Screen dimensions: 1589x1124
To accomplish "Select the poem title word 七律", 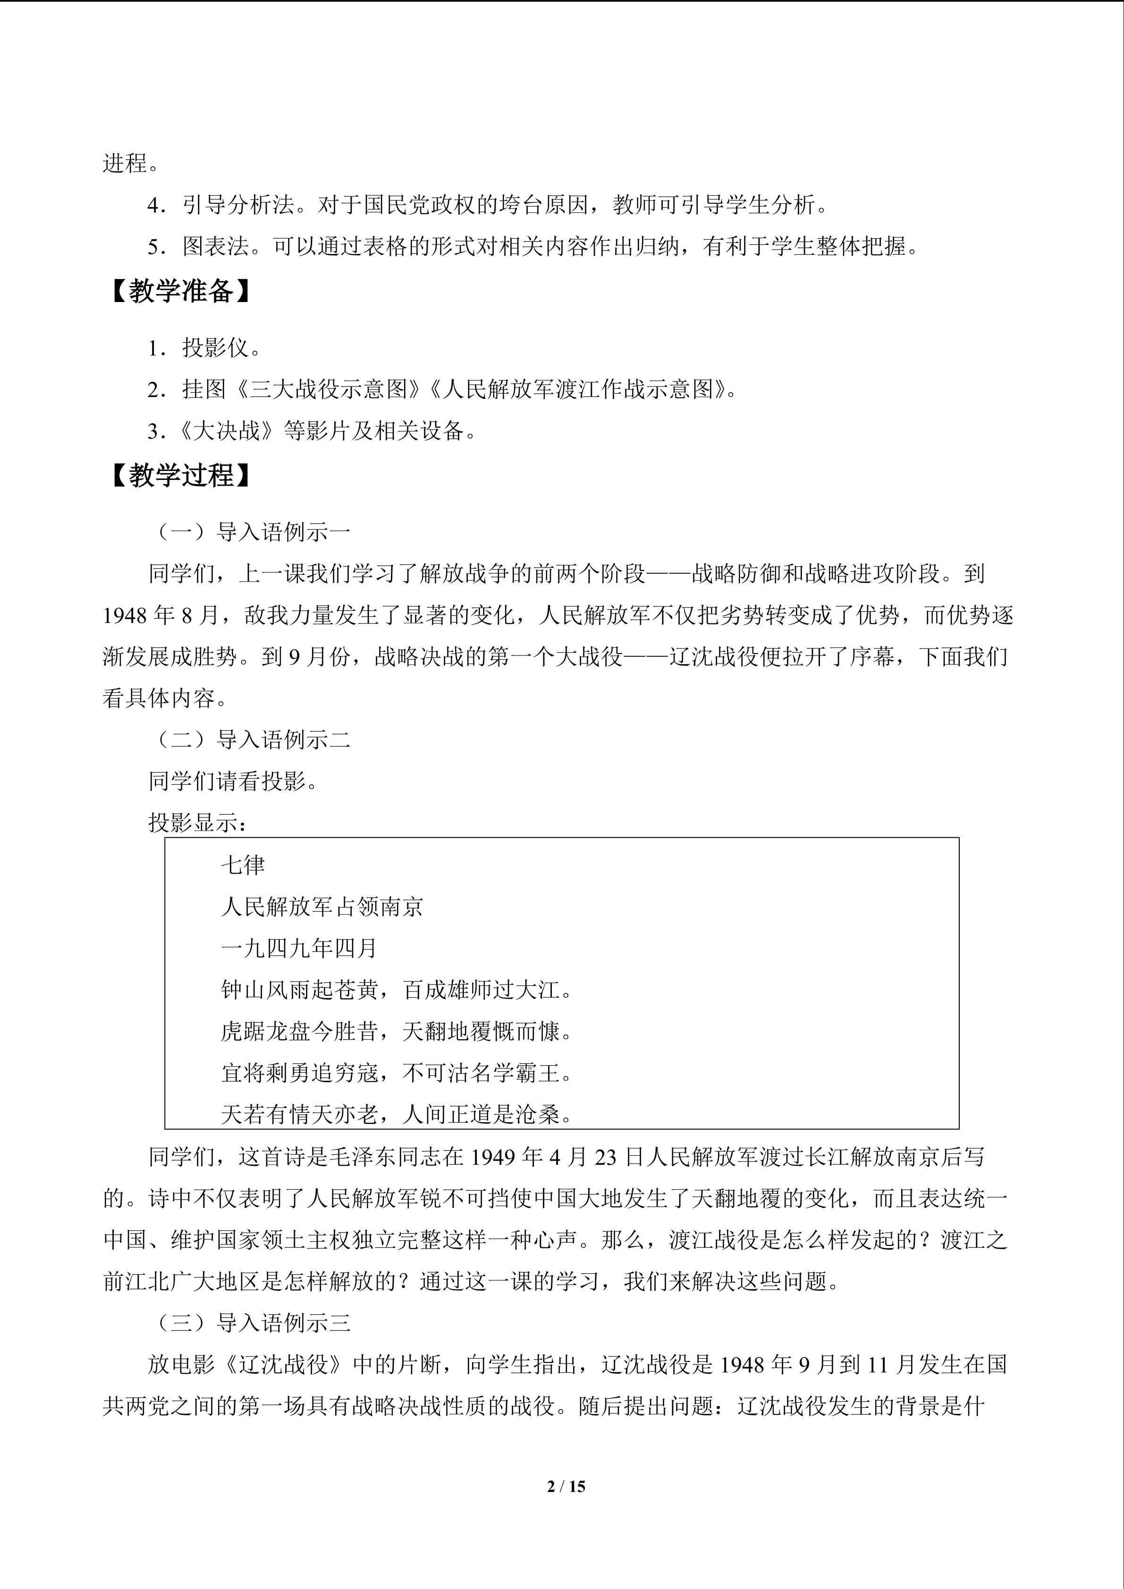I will click(x=243, y=865).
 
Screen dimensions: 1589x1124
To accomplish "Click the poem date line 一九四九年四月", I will click(x=299, y=948).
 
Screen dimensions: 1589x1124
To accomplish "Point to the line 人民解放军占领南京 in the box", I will click(x=322, y=907).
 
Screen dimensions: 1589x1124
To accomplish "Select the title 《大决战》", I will click(x=229, y=431).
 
